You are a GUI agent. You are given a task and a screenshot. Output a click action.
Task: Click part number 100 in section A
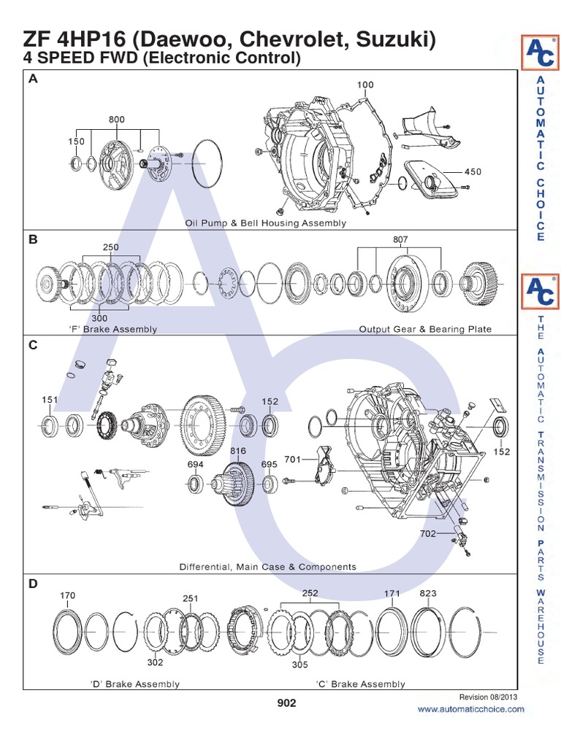365,85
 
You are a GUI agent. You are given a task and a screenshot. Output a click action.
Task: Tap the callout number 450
473,172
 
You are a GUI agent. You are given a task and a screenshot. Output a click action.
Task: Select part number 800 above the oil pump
117,118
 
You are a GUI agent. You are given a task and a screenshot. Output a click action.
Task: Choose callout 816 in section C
239,452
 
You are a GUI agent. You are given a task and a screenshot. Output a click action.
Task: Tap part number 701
292,460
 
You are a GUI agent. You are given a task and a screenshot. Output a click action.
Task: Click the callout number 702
427,533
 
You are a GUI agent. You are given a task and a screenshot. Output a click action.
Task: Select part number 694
195,464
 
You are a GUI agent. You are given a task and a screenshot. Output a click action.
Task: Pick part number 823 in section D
428,594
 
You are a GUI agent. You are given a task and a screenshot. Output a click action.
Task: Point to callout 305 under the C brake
299,665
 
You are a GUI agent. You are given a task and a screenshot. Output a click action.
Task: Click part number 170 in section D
67,595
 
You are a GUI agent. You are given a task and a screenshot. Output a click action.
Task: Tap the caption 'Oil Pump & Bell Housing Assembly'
265,223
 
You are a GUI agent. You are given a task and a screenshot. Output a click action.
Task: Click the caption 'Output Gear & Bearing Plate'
425,329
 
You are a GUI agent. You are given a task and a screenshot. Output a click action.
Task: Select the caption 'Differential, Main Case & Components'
268,566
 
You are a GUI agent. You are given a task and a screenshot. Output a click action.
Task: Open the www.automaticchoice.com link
470,709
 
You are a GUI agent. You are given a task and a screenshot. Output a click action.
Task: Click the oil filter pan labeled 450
432,176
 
